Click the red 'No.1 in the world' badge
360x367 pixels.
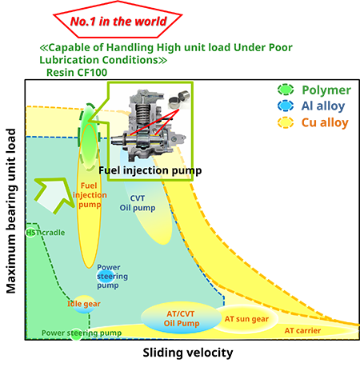pos(118,20)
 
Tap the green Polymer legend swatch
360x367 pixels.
pos(286,90)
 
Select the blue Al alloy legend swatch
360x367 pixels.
pos(286,106)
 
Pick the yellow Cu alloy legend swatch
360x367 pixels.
pos(286,122)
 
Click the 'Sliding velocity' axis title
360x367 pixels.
pos(188,353)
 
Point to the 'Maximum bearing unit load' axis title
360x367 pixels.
pos(11,211)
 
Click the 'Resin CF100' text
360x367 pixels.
pos(77,73)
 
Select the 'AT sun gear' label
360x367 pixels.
pos(246,319)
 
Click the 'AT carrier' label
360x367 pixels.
pos(302,331)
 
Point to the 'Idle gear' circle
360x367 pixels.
pos(84,304)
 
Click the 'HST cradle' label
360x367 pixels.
pos(46,233)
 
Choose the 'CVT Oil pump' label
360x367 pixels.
pos(138,203)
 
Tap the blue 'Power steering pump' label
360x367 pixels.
pos(112,277)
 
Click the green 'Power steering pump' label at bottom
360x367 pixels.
pos(82,333)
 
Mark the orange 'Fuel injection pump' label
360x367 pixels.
pos(90,195)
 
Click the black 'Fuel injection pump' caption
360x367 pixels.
pos(150,170)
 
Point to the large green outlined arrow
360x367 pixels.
pos(54,194)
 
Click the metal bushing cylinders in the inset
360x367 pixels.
pos(179,100)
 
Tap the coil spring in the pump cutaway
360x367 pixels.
pos(142,114)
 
